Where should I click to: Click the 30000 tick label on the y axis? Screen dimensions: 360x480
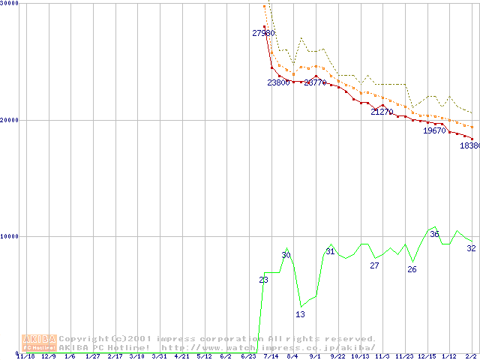[10, 4]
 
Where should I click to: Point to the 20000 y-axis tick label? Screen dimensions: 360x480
[10, 120]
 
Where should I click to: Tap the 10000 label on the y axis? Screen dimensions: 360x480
[10, 236]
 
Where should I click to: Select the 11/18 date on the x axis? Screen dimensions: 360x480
[25, 356]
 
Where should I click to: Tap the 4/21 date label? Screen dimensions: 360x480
[181, 356]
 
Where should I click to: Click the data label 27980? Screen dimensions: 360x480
[263, 33]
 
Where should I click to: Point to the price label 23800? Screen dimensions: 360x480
[278, 82]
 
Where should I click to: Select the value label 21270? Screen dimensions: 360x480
[382, 112]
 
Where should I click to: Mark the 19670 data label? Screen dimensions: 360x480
[434, 130]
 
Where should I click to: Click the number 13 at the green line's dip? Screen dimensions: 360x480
[300, 314]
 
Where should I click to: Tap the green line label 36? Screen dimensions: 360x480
[434, 234]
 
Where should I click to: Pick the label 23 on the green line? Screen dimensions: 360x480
[263, 280]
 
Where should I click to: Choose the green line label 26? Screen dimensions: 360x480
[412, 269]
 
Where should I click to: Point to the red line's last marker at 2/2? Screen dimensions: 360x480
[472, 138]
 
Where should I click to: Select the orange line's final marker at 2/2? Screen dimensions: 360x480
[472, 127]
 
